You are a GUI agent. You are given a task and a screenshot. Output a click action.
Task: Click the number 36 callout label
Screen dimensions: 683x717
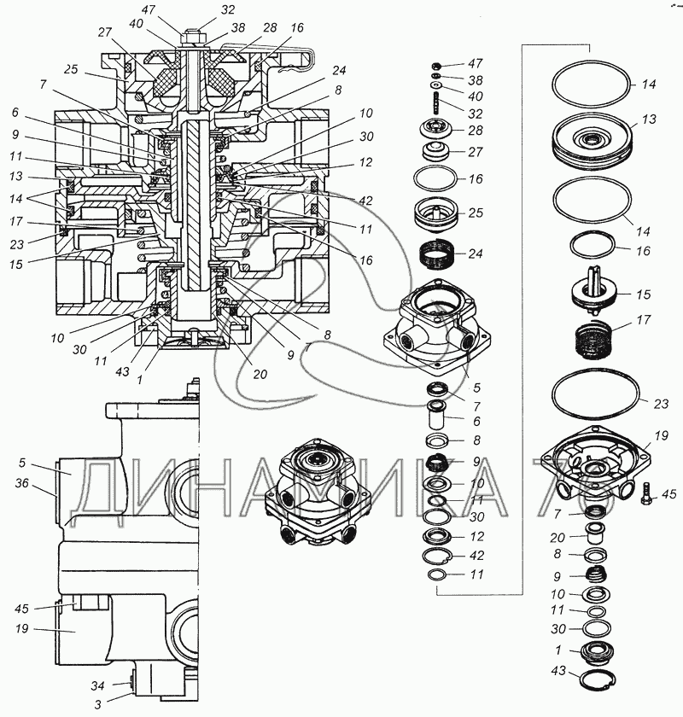22,483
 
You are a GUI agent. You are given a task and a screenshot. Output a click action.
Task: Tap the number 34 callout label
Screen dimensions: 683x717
97,685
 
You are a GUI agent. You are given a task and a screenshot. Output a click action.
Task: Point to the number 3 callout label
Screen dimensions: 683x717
98,704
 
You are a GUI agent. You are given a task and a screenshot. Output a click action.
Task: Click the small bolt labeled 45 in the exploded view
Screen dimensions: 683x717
646,493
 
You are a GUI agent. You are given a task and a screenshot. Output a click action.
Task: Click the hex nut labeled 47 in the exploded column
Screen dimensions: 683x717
436,64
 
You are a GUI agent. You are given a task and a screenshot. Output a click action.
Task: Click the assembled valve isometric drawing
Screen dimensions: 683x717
318,492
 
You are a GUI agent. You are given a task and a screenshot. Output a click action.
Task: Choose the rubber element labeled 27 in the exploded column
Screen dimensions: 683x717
435,152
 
